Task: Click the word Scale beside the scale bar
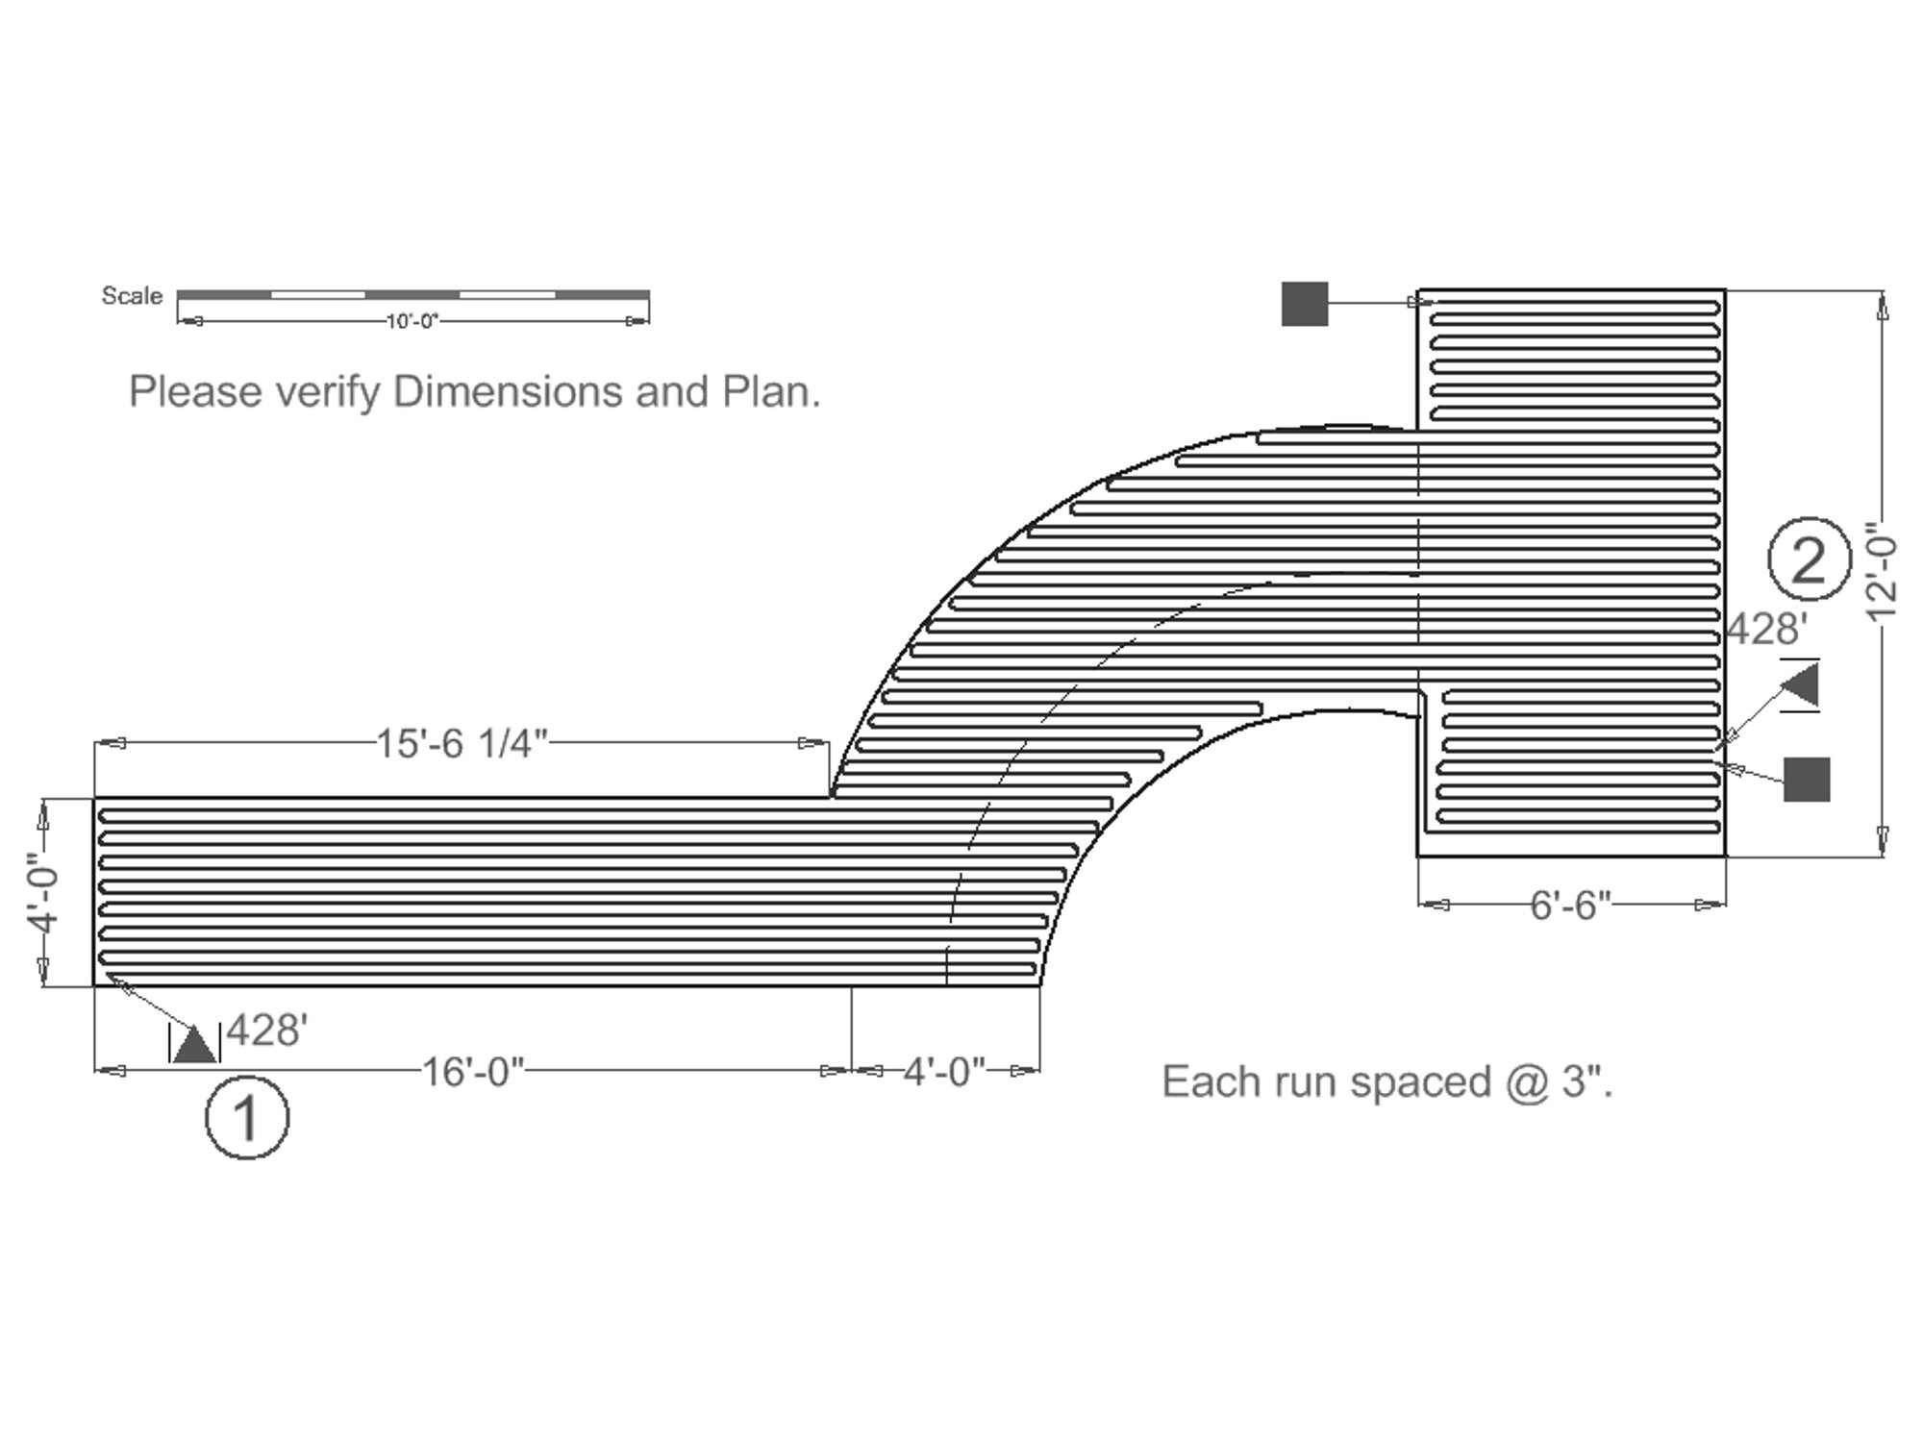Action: [x=132, y=296]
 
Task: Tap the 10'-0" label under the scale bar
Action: [x=412, y=321]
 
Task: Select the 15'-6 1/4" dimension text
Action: [x=461, y=744]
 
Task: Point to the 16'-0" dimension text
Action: [x=473, y=1071]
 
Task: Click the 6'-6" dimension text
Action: [x=1570, y=905]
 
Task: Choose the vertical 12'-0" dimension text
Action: [x=1882, y=575]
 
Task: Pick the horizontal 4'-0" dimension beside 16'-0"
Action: [x=944, y=1071]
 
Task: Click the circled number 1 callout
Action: [x=247, y=1118]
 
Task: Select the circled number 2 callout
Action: [x=1809, y=559]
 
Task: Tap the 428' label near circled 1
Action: [x=267, y=1031]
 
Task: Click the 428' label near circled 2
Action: [x=1767, y=630]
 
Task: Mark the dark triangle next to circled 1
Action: [x=195, y=1044]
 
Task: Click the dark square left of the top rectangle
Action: [x=1305, y=304]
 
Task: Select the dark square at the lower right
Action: [x=1807, y=779]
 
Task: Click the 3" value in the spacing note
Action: [x=1586, y=1082]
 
